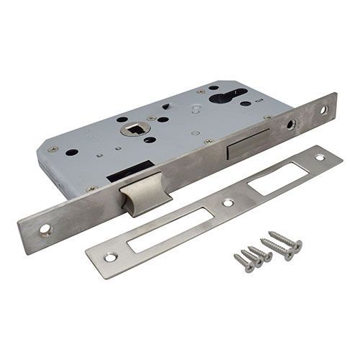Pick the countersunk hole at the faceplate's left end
point(45,230)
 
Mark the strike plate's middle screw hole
point(228,203)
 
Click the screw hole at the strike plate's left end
point(109,256)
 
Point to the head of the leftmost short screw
point(237,256)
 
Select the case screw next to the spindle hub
point(152,118)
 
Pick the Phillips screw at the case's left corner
point(53,150)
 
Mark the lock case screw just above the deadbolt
point(208,142)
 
